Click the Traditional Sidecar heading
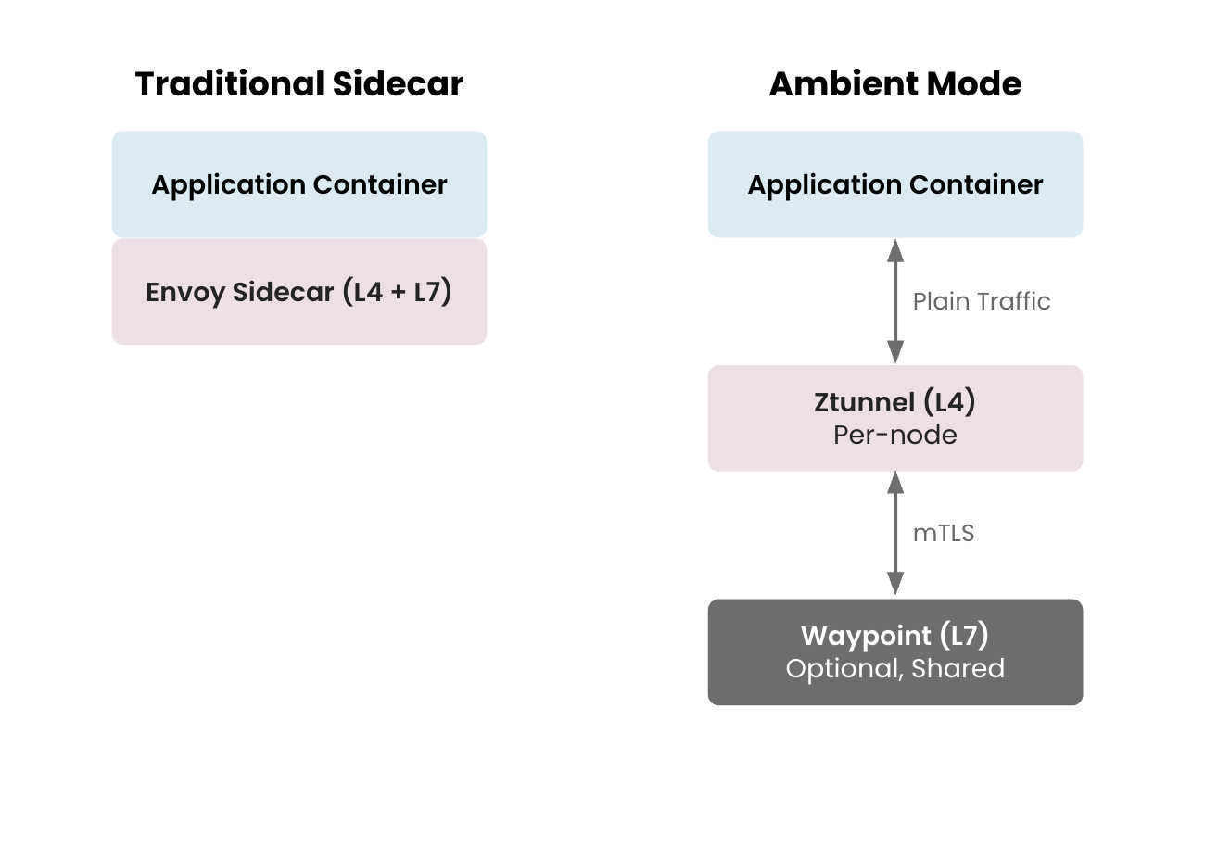pyautogui.click(x=298, y=83)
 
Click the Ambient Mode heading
pyautogui.click(x=894, y=83)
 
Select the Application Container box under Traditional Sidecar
pyautogui.click(x=298, y=184)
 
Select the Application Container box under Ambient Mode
pyautogui.click(x=894, y=184)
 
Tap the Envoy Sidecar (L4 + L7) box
pyautogui.click(x=298, y=292)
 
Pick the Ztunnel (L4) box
pyautogui.click(x=894, y=418)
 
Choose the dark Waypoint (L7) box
pyautogui.click(x=894, y=651)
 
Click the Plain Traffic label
pyautogui.click(x=981, y=301)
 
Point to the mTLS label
pyautogui.click(x=943, y=534)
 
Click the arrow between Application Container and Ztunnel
pyautogui.click(x=894, y=301)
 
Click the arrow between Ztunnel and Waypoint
pyautogui.click(x=894, y=534)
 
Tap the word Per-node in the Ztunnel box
pyautogui.click(x=894, y=435)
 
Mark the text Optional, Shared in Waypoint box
pyautogui.click(x=894, y=668)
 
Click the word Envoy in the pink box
pyautogui.click(x=185, y=293)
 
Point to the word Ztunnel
pyautogui.click(x=864, y=402)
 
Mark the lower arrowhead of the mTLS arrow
pyautogui.click(x=894, y=584)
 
